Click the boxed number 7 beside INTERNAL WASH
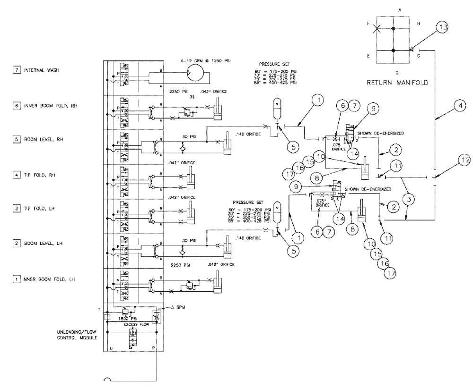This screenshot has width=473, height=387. point(17,70)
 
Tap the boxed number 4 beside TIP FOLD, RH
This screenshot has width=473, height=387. point(17,175)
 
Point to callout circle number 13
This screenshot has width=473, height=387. point(441,28)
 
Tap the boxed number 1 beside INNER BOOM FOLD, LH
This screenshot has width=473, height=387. point(17,279)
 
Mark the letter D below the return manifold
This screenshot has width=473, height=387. point(396,72)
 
